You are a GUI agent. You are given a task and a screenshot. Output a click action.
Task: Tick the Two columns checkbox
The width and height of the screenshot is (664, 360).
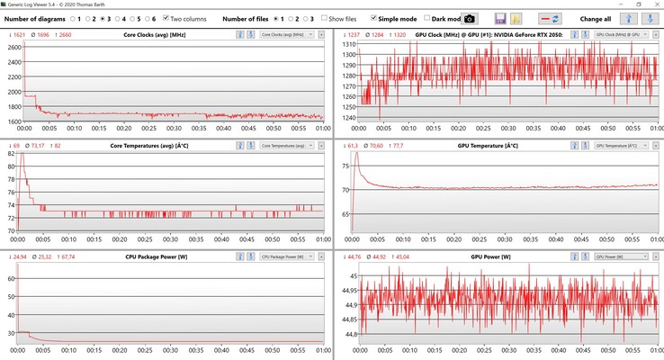pyautogui.click(x=166, y=18)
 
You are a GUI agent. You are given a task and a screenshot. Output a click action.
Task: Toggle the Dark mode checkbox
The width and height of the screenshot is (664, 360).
pyautogui.click(x=426, y=18)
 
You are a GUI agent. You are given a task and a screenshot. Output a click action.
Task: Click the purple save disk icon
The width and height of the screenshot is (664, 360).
pyautogui.click(x=500, y=18)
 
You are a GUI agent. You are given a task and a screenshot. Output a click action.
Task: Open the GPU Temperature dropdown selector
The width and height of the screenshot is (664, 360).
pyautogui.click(x=618, y=145)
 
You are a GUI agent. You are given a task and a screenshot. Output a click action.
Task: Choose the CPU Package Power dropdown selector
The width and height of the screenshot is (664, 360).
pyautogui.click(x=285, y=256)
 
